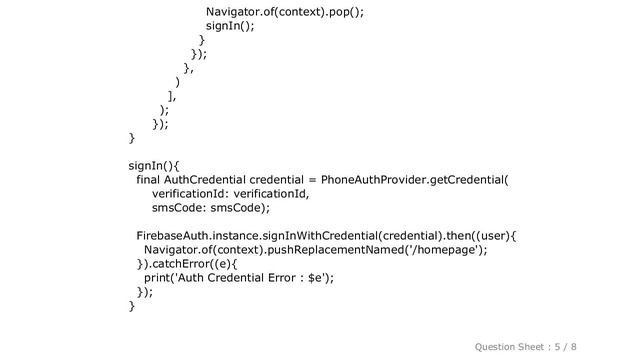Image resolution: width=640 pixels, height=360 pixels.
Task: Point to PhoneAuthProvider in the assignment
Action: coord(363,180)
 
